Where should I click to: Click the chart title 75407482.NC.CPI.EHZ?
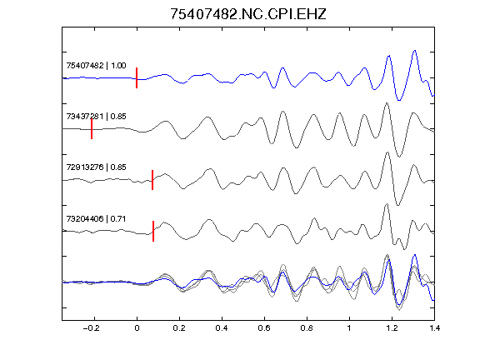[248, 14]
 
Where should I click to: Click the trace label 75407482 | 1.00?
[96, 66]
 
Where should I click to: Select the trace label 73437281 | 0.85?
[96, 117]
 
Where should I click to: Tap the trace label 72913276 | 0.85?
[96, 167]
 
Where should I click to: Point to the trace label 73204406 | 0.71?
[96, 219]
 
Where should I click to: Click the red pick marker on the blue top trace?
[137, 77]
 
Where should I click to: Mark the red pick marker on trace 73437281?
[92, 129]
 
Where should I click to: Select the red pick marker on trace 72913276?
[152, 180]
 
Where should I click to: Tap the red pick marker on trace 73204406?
[153, 231]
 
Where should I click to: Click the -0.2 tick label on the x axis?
[91, 328]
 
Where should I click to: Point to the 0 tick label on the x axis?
[137, 328]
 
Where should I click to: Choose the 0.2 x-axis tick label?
[179, 328]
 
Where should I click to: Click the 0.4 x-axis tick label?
[222, 328]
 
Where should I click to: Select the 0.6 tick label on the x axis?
[264, 328]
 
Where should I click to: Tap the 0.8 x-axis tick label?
[307, 328]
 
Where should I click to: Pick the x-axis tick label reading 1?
[349, 328]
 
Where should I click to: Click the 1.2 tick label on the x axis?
[392, 328]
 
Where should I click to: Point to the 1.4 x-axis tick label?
[434, 328]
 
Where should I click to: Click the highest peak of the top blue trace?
[415, 51]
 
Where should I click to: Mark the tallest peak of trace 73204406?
[387, 204]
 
